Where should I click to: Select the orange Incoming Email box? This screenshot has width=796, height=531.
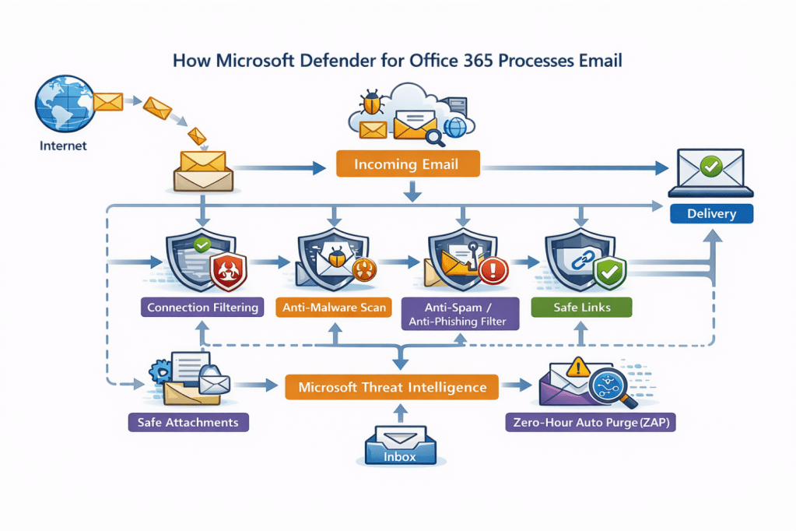pos(408,164)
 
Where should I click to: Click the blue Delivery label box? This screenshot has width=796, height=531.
pos(711,213)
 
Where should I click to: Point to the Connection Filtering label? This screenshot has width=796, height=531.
pos(202,307)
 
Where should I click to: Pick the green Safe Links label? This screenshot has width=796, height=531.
pos(581,307)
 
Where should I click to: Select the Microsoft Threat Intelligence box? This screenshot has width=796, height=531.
pos(392,387)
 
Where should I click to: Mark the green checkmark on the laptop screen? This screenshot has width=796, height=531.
pos(710,165)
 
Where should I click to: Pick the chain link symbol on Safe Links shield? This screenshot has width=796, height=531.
pos(582,262)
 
